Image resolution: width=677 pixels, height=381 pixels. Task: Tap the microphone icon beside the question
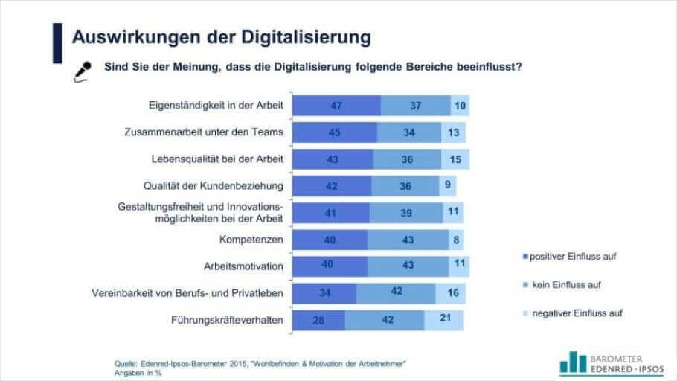82,70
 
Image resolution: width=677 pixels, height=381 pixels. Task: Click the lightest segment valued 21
444,320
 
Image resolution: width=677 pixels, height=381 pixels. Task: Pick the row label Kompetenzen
251,240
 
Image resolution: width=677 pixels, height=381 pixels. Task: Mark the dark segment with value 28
318,320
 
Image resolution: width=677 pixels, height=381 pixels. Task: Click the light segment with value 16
453,293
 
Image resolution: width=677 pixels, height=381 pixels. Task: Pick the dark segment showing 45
335,132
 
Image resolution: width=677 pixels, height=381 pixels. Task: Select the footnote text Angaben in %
138,372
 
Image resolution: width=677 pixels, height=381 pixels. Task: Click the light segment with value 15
455,159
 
